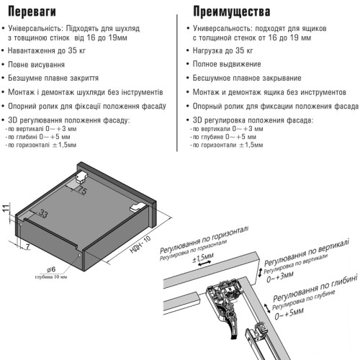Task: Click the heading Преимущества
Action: click(233, 12)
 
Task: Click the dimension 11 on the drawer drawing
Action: click(5, 209)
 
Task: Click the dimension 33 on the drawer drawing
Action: click(44, 214)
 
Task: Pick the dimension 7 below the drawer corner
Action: click(27, 247)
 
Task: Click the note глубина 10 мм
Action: click(50, 277)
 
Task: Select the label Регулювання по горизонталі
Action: click(206, 235)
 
